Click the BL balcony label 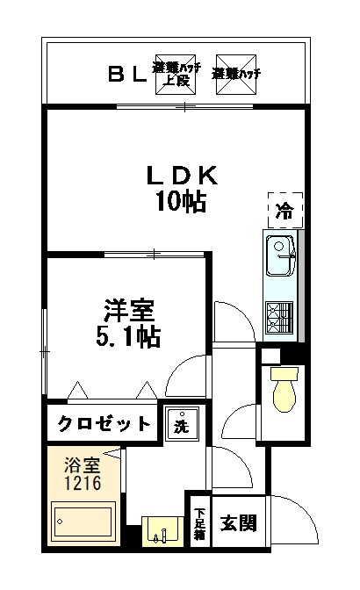[127, 74]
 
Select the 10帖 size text [181, 203]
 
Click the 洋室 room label [129, 310]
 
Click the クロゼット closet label [104, 424]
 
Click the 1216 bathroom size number [81, 484]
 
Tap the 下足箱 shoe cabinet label [199, 523]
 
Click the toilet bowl [284, 391]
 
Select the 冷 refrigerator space [284, 210]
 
